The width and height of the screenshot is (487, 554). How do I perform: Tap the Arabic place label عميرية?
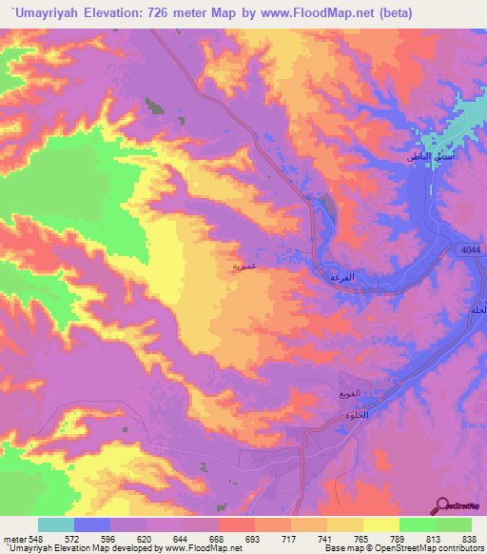pyautogui.click(x=243, y=267)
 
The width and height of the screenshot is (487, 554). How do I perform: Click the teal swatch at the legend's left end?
pyautogui.click(x=56, y=524)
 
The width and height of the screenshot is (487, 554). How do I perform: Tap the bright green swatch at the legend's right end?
pyautogui.click(x=454, y=524)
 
